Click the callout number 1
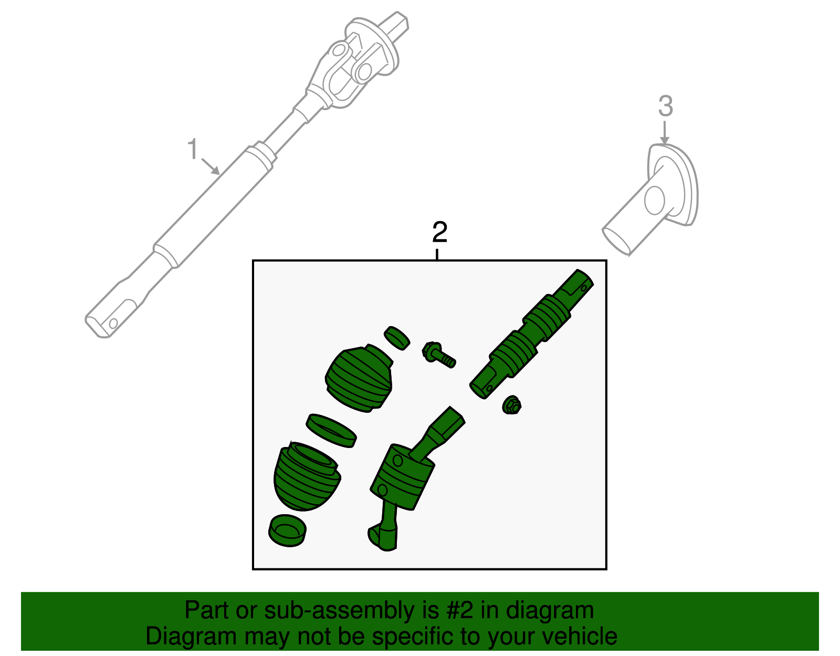click(x=193, y=150)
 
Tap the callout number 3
click(x=665, y=107)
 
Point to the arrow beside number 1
click(x=211, y=166)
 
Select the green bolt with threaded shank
click(x=438, y=355)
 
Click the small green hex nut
click(x=511, y=405)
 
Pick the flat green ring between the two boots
click(x=331, y=430)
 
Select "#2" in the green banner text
click(x=460, y=611)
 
